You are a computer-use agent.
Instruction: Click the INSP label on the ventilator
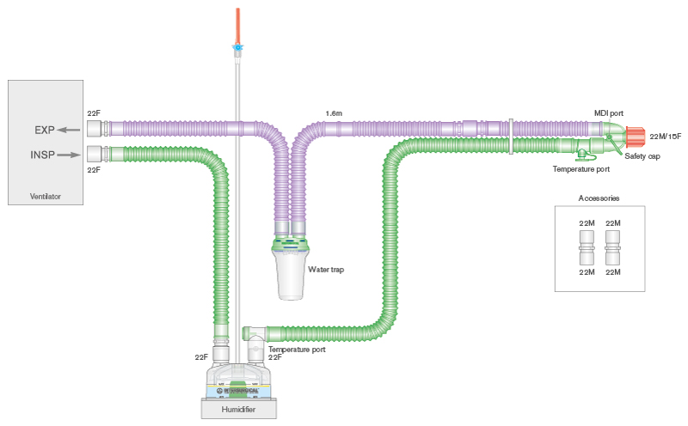(43, 156)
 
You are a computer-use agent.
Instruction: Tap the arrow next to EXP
(69, 131)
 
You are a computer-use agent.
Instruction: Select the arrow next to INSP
(70, 156)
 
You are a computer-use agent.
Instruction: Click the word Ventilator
(46, 198)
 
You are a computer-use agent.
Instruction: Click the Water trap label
(326, 270)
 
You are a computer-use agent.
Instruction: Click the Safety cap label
(642, 156)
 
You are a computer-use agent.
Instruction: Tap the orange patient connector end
(636, 135)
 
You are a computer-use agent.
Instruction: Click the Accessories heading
(599, 198)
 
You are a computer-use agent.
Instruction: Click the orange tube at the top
(236, 22)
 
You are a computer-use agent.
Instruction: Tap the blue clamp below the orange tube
(236, 49)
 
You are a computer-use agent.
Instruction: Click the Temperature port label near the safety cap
(581, 169)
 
